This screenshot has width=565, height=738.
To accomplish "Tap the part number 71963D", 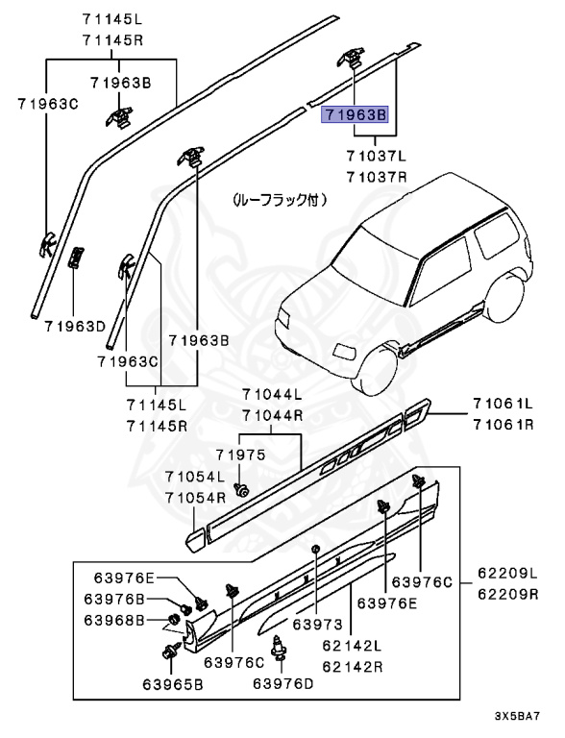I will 73,326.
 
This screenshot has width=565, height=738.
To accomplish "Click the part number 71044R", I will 272,415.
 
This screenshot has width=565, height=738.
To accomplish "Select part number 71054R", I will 194,497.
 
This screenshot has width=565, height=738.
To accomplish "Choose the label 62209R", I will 508,595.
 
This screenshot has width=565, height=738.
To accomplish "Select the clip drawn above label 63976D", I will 281,651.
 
